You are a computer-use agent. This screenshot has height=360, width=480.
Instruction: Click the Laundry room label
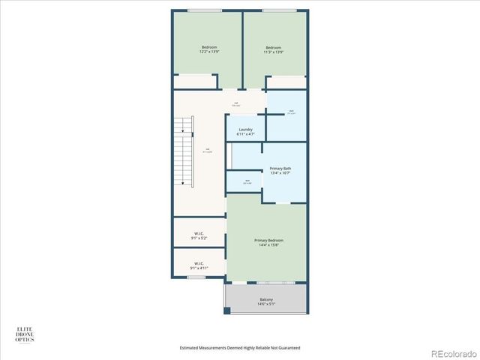point(245,129)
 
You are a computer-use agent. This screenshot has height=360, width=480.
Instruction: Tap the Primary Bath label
point(280,169)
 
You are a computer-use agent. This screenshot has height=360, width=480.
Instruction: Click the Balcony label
point(266,300)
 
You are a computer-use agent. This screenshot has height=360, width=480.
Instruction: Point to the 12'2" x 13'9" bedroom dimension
point(209,52)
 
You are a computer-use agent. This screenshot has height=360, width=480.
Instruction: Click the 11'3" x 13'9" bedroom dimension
point(273,52)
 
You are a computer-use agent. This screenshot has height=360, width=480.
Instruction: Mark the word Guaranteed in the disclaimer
point(288,348)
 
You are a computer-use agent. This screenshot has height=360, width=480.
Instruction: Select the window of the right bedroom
point(278,10)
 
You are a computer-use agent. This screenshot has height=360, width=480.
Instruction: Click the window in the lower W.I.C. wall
point(196,277)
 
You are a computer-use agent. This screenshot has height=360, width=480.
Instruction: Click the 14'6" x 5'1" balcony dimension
point(266,304)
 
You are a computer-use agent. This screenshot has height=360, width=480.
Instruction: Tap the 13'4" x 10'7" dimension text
point(280,173)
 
